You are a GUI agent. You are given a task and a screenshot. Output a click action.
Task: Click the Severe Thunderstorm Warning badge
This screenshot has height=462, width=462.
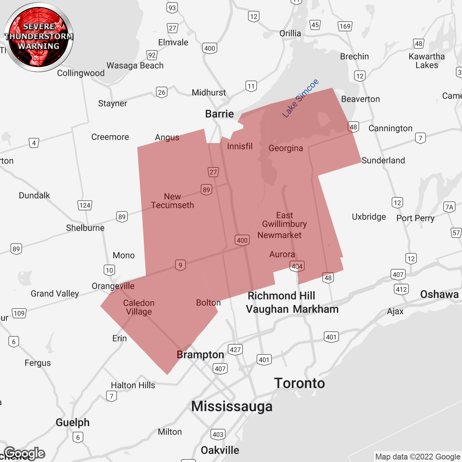point(39,37)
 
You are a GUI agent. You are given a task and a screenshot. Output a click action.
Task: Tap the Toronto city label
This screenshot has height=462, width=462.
point(300,383)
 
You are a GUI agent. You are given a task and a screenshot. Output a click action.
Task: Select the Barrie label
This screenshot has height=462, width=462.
point(219,114)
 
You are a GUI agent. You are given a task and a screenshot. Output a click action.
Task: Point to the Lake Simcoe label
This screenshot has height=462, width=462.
point(300,98)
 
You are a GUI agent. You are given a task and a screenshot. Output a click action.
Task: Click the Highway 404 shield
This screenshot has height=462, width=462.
point(297,266)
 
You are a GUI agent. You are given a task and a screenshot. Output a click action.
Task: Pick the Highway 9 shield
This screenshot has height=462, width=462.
point(180,265)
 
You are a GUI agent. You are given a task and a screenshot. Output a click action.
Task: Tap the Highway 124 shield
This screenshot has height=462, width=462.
point(85,205)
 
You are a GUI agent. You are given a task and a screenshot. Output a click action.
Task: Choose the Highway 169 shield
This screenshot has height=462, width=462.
point(345,26)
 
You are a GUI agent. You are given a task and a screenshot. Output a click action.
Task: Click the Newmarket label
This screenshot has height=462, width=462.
point(279,235)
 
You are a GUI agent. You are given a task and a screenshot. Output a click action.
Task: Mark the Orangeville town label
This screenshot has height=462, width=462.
point(113,286)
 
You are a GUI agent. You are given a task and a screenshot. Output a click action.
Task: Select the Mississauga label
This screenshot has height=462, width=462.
point(232,406)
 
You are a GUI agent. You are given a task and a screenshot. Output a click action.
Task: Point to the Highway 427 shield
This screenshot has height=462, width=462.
point(235,349)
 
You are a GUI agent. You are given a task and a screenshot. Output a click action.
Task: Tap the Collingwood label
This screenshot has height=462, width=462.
point(81,73)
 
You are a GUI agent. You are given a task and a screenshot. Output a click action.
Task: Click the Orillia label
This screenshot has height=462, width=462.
point(290,34)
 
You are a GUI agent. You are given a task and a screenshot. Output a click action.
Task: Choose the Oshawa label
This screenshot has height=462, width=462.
point(439,295)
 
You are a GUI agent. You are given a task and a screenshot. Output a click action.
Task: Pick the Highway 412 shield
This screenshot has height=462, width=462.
point(401,289)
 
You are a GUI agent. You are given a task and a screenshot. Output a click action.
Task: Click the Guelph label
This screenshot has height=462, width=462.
point(73,423)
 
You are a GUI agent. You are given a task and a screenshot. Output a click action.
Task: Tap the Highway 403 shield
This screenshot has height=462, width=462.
point(218,434)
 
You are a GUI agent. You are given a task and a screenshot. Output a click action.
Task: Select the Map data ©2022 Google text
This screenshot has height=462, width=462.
point(418,457)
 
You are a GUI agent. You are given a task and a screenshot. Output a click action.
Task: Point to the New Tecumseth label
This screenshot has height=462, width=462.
point(173,201)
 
